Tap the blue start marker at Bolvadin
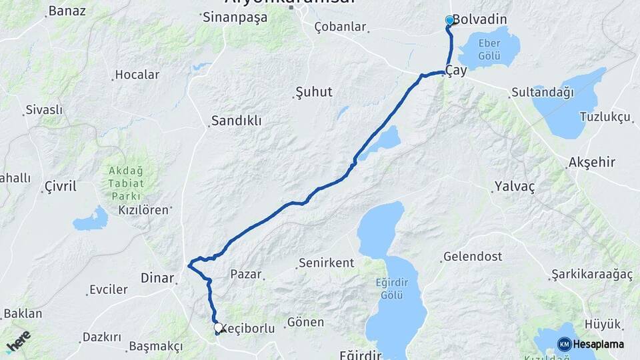tap(449, 21)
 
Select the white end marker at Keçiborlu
tap(218, 327)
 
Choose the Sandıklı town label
tap(236, 121)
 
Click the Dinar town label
tap(157, 277)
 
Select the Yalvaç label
tap(514, 187)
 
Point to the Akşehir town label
tap(591, 162)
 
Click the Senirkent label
tap(326, 263)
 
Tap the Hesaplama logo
tap(591, 344)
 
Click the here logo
tap(18, 342)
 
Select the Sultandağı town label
tap(542, 93)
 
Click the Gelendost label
tap(473, 257)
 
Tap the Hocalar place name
tap(137, 75)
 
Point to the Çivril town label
tap(60, 186)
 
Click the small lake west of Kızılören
tap(91, 219)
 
